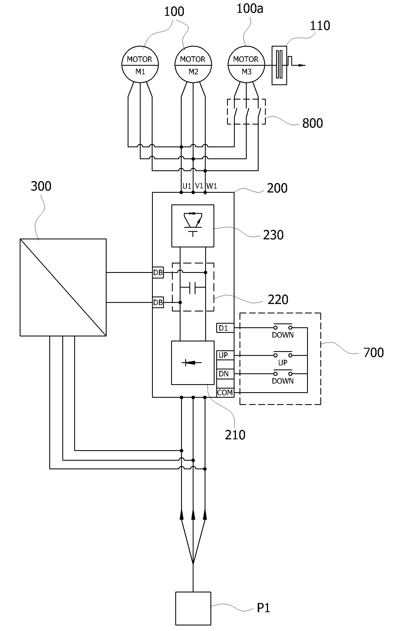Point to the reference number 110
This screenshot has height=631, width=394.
[320, 26]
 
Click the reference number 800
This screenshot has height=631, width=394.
[313, 123]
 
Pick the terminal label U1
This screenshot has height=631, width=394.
[187, 186]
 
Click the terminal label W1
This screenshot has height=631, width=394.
[212, 186]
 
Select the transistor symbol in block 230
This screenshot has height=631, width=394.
[193, 224]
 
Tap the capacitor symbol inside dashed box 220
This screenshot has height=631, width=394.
[193, 288]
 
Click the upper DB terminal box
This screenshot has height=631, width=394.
[158, 273]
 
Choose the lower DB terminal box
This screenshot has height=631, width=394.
[158, 302]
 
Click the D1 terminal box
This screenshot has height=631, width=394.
[225, 328]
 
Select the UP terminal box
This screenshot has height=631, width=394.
[225, 355]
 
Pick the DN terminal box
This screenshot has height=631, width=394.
[225, 374]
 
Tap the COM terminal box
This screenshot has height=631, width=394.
[225, 392]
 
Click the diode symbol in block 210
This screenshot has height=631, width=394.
[193, 363]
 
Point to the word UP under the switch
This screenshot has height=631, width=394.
[283, 363]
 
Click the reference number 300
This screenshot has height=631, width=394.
[41, 186]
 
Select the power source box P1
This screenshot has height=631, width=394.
[193, 608]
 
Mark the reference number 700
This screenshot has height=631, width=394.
[374, 353]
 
